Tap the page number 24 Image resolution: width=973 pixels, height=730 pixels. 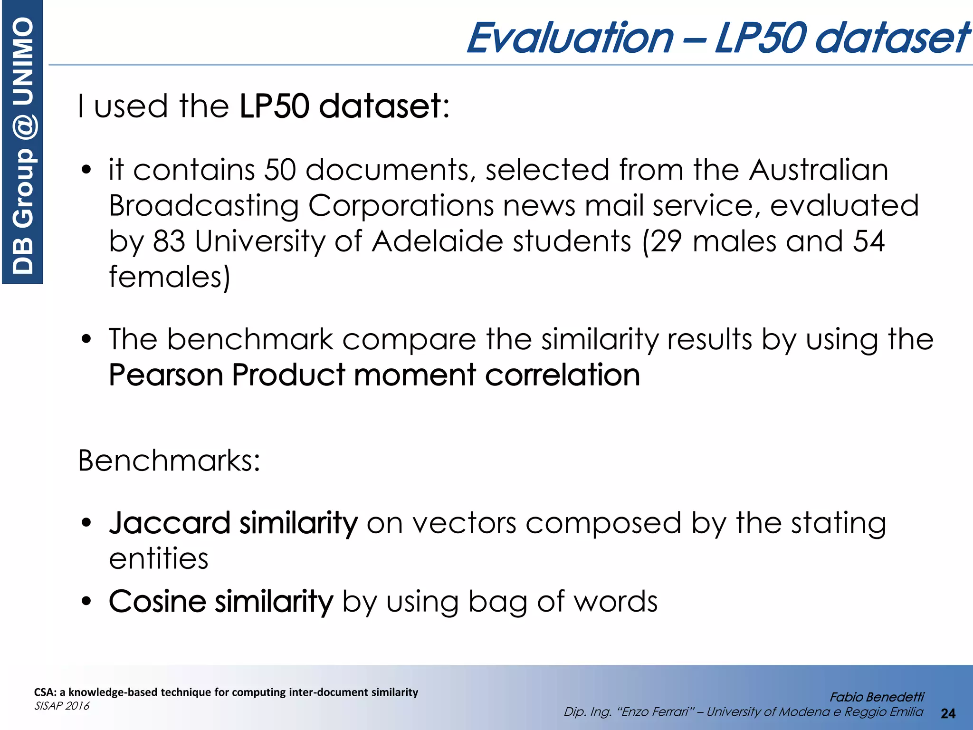tap(948, 713)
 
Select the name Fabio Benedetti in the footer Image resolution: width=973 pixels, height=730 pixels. tap(877, 697)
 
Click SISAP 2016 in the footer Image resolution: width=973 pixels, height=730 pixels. tap(62, 706)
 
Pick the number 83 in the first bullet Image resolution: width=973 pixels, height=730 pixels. tap(169, 241)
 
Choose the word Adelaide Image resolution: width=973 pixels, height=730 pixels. tap(437, 241)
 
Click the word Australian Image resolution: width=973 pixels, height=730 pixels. tap(818, 170)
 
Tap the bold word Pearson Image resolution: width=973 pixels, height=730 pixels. tap(166, 375)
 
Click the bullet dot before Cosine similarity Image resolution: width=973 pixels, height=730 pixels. tap(86, 601)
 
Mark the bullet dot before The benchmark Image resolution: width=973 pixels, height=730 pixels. tap(86, 339)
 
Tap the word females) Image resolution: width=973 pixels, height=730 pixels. tap(169, 277)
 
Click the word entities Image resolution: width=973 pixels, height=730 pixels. tap(159, 558)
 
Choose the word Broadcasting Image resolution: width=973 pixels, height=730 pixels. tap(204, 205)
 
